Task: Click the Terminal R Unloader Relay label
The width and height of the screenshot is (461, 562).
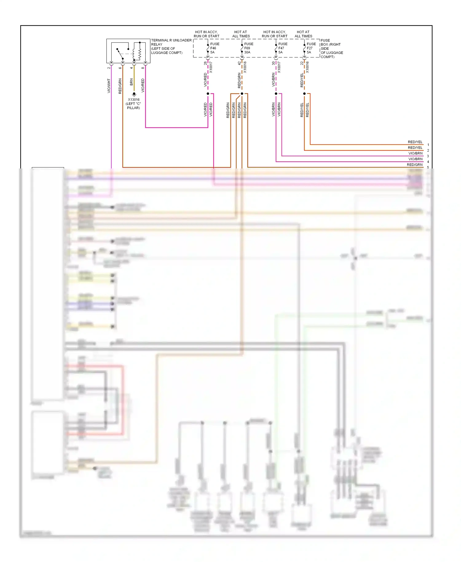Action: pos(171,46)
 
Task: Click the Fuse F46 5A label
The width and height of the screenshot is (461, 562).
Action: pos(214,48)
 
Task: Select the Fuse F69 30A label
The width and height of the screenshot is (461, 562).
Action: pos(248,48)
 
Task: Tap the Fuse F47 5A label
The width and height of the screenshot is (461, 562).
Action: pos(282,48)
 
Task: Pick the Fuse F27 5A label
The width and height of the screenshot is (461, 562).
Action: pos(311,48)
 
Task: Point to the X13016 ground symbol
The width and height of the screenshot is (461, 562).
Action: pos(134,94)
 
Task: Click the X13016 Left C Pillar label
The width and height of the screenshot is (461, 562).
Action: pos(134,104)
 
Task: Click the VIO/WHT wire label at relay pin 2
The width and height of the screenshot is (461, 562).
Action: pos(109,86)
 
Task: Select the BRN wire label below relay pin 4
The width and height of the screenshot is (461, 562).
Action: pos(132,82)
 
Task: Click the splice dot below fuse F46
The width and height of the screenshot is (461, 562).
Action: pos(208,93)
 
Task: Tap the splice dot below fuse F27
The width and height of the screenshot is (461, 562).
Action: pos(304,93)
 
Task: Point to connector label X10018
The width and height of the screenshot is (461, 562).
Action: pos(245,67)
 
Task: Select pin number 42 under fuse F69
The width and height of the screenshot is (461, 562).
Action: pos(239,63)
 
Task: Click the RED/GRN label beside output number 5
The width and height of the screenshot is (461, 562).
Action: pos(415,165)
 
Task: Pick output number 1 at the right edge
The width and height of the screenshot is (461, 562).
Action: pos(428,145)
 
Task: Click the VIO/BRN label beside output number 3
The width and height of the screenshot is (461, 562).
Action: pos(415,153)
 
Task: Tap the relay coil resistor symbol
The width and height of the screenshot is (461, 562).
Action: pos(140,53)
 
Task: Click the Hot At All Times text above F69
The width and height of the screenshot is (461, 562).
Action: pos(241,34)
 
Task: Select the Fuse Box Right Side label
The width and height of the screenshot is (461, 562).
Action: pos(331,49)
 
